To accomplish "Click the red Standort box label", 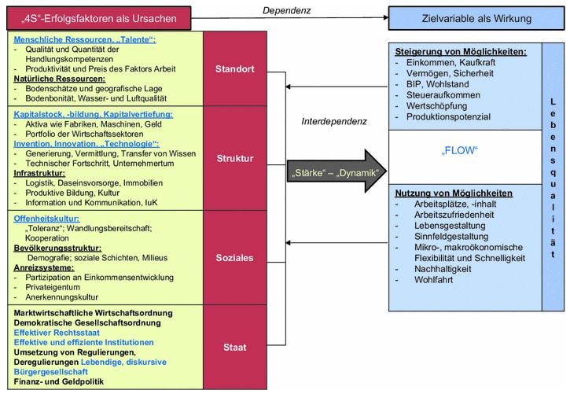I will pos(234,69).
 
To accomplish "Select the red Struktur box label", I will pos(234,159).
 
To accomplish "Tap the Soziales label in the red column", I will pos(234,257).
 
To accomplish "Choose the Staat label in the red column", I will pos(234,348).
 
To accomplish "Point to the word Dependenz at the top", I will pos(288,10).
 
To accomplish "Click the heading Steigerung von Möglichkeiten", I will pos(461,52).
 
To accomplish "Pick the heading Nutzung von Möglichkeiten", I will pos(454,193).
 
